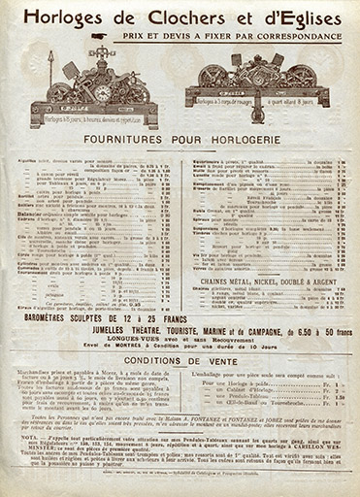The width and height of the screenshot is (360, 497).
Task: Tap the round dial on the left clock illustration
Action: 101,93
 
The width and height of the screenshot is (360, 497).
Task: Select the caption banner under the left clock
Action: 97,122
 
